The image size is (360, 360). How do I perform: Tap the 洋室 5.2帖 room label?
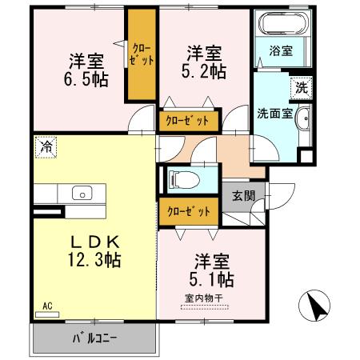coord(206,62)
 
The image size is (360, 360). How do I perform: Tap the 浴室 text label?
coord(281,50)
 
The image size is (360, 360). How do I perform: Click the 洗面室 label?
coord(274,113)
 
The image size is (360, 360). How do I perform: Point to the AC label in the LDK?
coord(46,306)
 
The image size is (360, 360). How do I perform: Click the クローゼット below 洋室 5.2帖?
coord(188,119)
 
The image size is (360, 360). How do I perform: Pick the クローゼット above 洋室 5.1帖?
coord(188,211)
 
